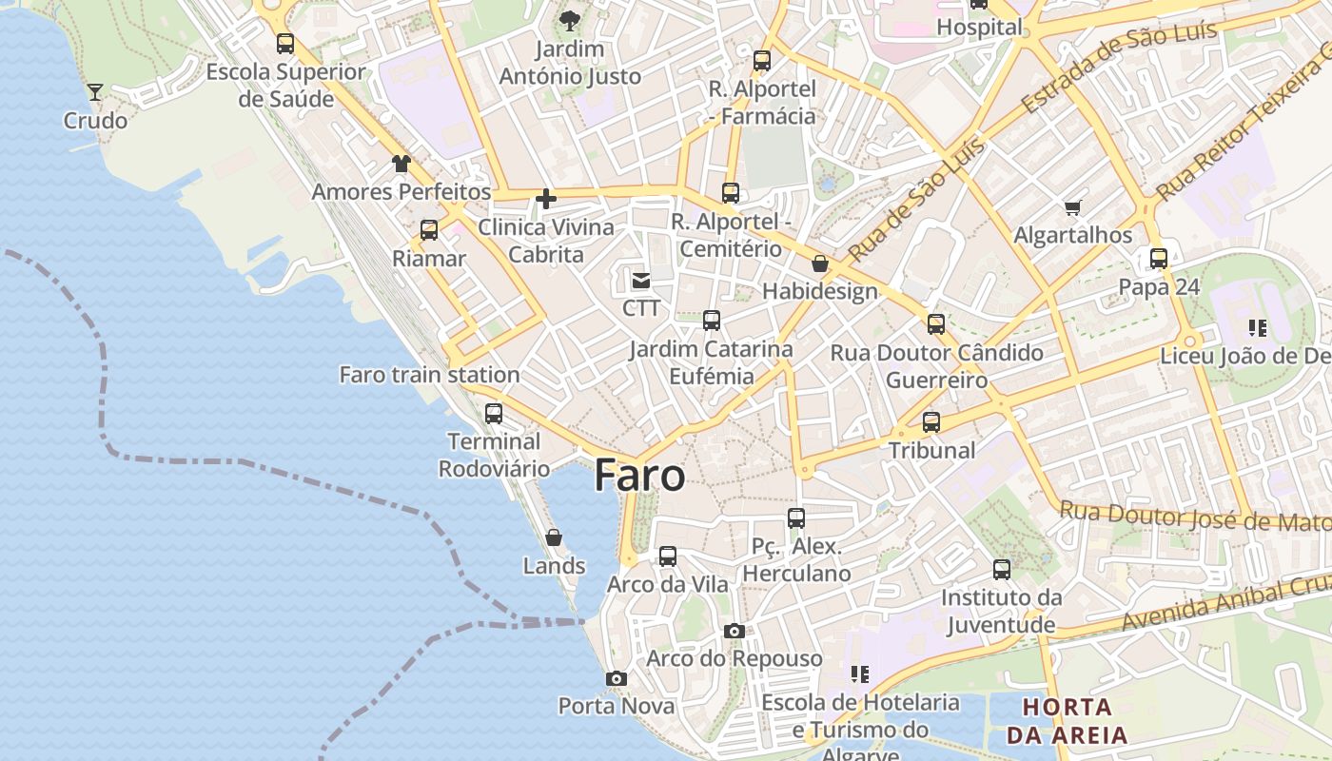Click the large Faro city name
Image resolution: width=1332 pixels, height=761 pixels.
click(639, 476)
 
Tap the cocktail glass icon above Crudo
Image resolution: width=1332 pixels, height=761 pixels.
click(95, 91)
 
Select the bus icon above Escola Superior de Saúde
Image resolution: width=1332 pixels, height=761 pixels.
click(285, 43)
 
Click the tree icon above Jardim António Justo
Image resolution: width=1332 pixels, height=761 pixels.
click(570, 20)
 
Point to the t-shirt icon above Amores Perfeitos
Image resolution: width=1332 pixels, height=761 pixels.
click(401, 164)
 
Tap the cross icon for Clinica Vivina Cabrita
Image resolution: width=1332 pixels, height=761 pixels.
click(546, 199)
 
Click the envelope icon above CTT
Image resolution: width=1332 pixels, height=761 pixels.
click(641, 281)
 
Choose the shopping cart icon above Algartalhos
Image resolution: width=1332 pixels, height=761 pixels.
click(1073, 207)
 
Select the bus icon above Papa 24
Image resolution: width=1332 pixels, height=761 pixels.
click(1158, 258)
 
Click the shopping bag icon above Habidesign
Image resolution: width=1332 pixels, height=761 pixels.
click(820, 263)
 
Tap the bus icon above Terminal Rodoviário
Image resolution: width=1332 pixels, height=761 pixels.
click(493, 413)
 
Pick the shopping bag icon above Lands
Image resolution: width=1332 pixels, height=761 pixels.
click(554, 538)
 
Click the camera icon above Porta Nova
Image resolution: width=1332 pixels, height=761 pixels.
click(617, 678)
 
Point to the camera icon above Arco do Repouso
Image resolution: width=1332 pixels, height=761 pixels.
click(734, 631)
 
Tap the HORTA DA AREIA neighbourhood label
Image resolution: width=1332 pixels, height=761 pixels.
click(1067, 721)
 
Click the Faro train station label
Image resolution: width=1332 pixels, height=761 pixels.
click(429, 375)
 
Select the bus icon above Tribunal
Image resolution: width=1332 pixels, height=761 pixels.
click(931, 421)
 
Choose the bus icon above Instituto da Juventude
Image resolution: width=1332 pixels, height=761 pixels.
click(1002, 570)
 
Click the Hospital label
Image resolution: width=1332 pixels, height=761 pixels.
click(979, 27)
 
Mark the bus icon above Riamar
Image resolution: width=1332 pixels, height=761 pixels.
click(429, 229)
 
